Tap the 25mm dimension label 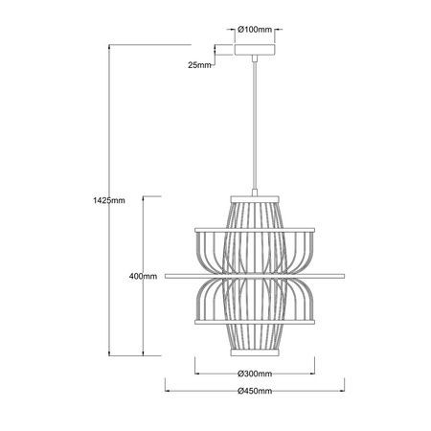(200, 64)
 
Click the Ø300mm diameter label (255, 374)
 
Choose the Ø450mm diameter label (255, 391)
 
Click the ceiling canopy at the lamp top (255, 49)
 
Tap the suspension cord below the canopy (255, 125)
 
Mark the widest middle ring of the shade (255, 276)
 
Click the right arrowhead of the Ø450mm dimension (342, 391)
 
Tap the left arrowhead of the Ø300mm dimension (197, 374)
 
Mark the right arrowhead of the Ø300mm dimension (313, 374)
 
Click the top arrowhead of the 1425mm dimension (112, 44)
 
